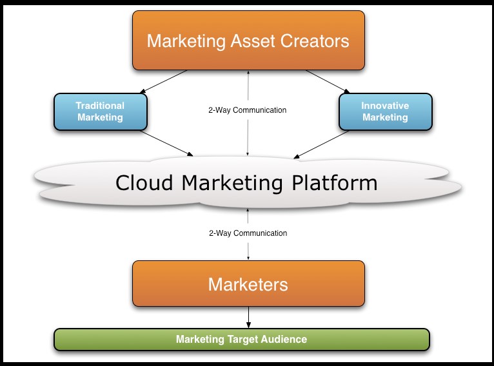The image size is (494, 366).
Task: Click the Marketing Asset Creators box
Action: [x=248, y=41]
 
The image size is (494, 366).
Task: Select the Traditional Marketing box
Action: [x=99, y=111]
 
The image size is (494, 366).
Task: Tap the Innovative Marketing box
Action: [x=385, y=111]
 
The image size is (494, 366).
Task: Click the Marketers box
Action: [x=248, y=284]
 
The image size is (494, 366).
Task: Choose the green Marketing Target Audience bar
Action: [x=241, y=339]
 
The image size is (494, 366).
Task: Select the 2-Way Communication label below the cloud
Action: [x=248, y=233]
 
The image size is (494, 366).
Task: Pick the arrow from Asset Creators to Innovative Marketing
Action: [x=327, y=81]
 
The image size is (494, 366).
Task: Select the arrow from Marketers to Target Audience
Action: [x=248, y=317]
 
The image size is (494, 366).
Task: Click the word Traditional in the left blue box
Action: [x=100, y=106]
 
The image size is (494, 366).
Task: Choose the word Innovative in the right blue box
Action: [x=385, y=106]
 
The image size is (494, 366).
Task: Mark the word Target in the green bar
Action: [x=242, y=339]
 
